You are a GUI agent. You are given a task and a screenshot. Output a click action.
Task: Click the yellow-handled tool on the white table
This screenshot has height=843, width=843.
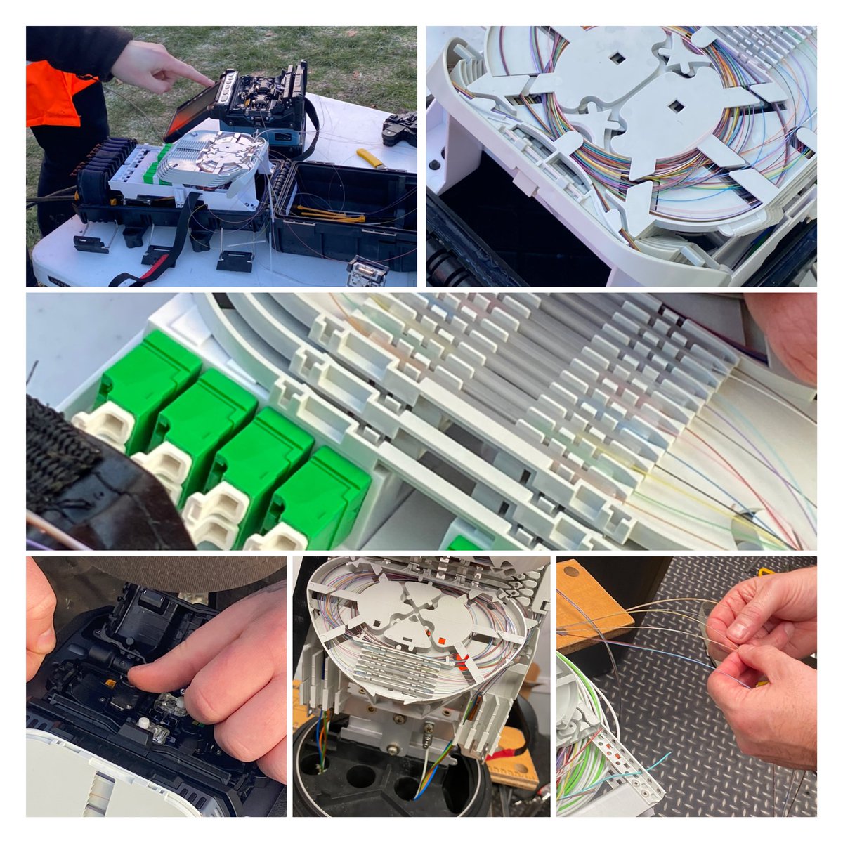coord(370,158)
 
